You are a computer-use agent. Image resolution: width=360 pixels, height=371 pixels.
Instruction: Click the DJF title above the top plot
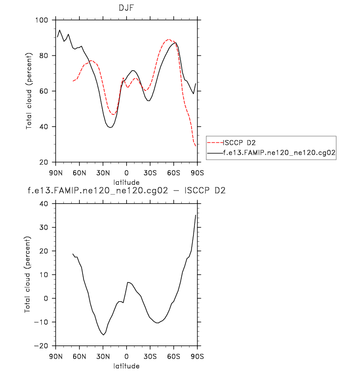click(127, 9)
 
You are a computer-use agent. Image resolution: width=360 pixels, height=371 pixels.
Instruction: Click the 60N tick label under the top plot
click(79, 172)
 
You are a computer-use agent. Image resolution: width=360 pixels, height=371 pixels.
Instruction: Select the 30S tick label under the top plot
click(150, 172)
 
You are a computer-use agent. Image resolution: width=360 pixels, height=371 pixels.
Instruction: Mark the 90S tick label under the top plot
click(197, 172)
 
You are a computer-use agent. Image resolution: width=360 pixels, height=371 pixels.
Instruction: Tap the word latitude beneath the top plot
click(127, 182)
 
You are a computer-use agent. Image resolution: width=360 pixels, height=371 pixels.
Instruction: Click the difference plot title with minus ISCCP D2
click(127, 190)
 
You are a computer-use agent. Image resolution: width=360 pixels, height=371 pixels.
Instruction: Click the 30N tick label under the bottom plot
click(103, 356)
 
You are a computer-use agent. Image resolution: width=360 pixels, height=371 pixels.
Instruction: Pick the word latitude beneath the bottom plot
click(127, 366)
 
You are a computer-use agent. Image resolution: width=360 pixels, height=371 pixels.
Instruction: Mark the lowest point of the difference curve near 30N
click(103, 335)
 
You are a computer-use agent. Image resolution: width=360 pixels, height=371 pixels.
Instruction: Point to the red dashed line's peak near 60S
click(168, 39)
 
